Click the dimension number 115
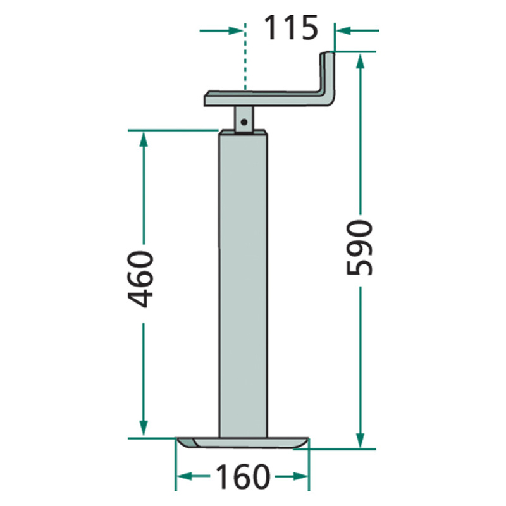[x=291, y=28]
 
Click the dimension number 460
[x=140, y=280]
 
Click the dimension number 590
[x=359, y=247]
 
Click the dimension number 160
[x=243, y=476]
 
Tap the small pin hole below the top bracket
[x=244, y=122]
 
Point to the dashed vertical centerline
[x=245, y=56]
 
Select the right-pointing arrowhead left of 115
[x=235, y=31]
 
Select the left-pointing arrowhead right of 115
[x=343, y=31]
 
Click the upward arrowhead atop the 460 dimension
[x=144, y=139]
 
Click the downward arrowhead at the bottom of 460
[x=144, y=428]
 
